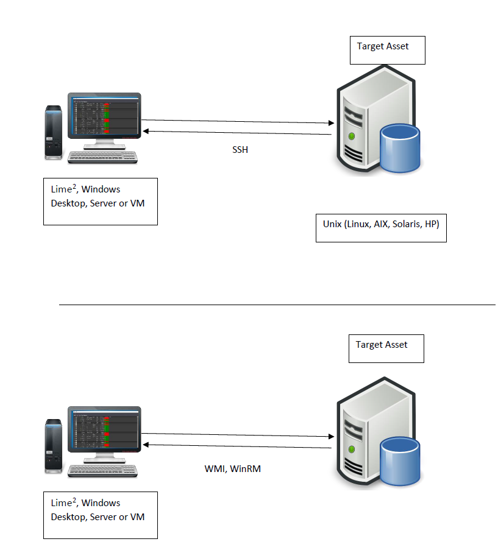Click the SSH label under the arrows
(240, 150)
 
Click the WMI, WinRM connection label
(233, 468)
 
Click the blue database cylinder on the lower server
(400, 461)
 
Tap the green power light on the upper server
(352, 136)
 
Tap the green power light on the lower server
(352, 450)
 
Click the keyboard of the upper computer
(102, 157)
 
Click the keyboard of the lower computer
(102, 470)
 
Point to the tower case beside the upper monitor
(54, 132)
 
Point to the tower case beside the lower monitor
(54, 446)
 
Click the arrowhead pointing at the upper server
(332, 123)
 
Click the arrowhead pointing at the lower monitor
(146, 445)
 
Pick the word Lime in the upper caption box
(62, 189)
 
